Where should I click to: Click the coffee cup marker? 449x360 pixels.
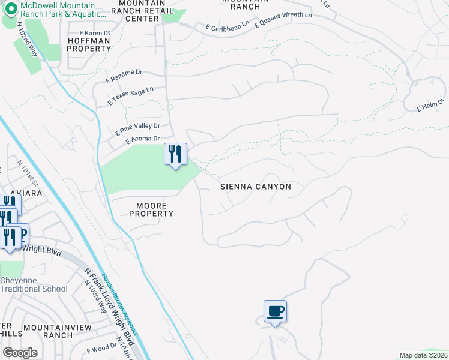(275, 312)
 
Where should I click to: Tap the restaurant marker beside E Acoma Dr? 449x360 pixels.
(175, 155)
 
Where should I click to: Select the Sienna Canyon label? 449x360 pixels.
(255, 187)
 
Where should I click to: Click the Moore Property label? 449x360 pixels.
(151, 209)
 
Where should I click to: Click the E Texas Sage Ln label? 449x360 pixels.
(130, 95)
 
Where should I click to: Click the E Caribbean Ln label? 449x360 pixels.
(227, 26)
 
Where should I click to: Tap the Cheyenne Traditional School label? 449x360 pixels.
(34, 284)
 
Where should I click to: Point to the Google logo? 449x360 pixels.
(20, 353)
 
